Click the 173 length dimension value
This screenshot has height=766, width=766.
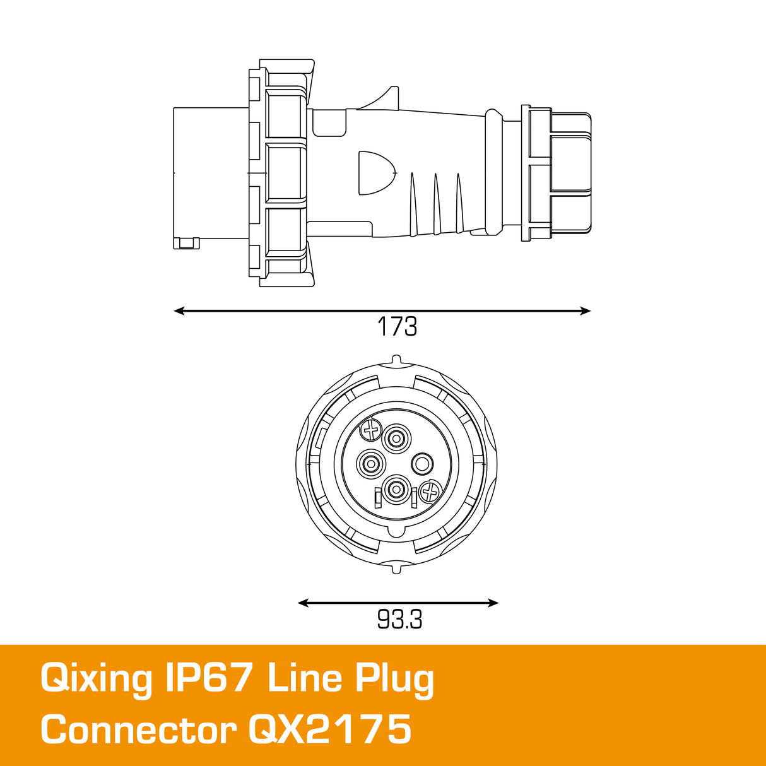click(397, 327)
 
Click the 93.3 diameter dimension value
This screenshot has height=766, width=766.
click(399, 620)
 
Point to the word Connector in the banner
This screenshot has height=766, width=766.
click(138, 730)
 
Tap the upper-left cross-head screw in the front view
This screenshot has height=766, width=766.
click(370, 432)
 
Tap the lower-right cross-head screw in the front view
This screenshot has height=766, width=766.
click(430, 491)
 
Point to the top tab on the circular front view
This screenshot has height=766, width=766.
click(396, 360)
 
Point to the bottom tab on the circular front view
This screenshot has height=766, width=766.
click(396, 569)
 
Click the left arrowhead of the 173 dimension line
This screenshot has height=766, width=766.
click(179, 310)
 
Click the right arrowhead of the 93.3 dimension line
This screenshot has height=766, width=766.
click(493, 603)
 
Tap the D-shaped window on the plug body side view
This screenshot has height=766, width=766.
click(374, 172)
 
